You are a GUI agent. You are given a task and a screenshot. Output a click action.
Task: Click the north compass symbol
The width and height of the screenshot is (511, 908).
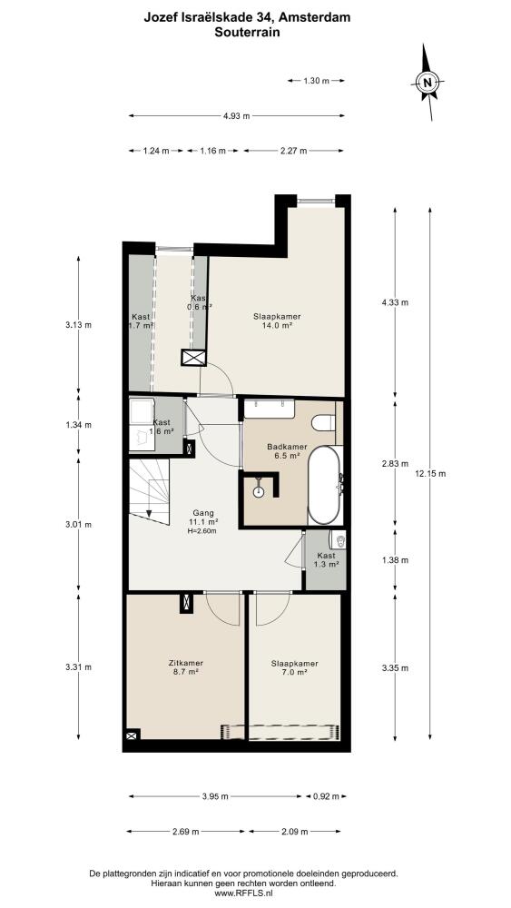pos(427,83)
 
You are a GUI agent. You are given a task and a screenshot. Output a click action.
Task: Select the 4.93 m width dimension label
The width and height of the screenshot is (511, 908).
pos(236,116)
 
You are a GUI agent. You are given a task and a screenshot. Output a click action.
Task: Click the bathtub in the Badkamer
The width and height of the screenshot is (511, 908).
pos(325,485)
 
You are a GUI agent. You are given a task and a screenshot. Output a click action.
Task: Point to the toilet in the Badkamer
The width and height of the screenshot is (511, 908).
pos(323,423)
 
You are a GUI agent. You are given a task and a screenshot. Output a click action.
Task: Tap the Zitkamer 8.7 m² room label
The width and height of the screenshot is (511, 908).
pos(186,667)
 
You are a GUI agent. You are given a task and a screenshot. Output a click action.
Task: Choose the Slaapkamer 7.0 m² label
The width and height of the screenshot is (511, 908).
pos(295,667)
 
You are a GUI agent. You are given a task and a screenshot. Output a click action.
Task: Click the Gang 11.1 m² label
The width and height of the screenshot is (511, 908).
pos(203,518)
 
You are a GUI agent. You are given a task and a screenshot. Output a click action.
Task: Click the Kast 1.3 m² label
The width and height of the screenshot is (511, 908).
pos(325,559)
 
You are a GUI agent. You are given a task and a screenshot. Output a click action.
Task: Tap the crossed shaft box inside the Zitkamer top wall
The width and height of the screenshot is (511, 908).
pos(186,602)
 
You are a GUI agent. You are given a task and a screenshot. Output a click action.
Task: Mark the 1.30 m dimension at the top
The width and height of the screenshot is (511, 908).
pos(316,81)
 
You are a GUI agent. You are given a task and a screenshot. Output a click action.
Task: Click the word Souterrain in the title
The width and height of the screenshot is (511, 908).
pos(247,33)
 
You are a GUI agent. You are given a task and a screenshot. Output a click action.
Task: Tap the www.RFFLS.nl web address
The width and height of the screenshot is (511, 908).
pos(243,893)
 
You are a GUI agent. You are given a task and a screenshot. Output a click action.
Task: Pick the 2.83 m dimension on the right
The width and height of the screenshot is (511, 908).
pos(396,464)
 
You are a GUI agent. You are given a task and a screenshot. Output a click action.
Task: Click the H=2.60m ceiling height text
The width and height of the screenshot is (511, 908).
pos(203,530)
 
